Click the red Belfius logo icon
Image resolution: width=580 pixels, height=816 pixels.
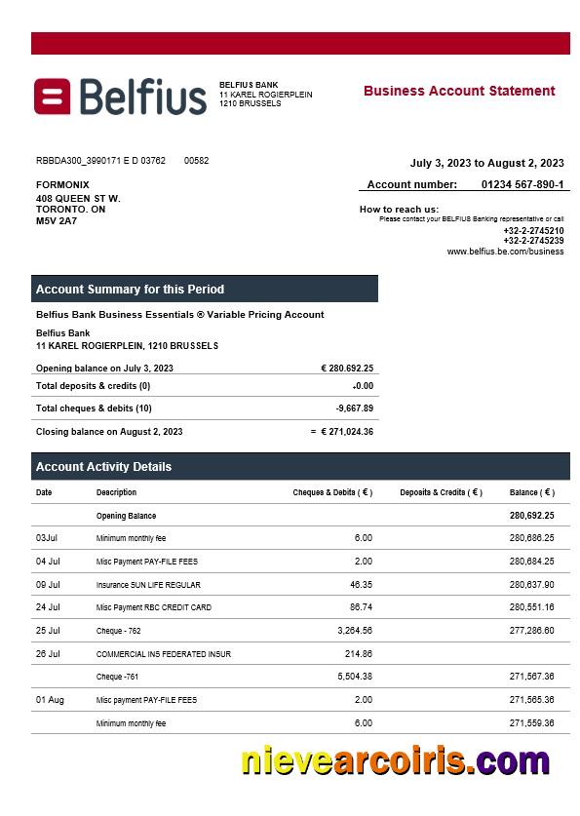(53, 97)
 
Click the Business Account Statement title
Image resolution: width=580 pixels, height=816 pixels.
(459, 91)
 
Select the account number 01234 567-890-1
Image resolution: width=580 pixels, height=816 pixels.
(522, 184)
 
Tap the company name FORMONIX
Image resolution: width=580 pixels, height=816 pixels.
(62, 184)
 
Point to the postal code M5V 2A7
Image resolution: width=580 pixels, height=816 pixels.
(57, 220)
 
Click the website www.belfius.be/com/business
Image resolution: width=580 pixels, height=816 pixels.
(505, 251)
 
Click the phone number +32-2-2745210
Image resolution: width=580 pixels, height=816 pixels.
(533, 231)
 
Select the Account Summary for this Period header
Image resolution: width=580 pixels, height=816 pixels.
(130, 290)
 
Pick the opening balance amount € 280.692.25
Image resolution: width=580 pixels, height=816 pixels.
(347, 369)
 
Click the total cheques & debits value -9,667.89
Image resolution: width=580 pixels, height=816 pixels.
(355, 408)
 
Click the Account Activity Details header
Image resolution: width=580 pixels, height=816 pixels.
(103, 467)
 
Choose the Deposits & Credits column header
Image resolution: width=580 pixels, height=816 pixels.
(441, 492)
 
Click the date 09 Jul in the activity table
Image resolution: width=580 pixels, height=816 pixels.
(48, 585)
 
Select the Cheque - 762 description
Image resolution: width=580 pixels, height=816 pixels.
(118, 631)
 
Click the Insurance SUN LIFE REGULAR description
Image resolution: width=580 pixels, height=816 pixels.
(148, 585)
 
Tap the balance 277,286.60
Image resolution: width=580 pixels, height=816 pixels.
(531, 631)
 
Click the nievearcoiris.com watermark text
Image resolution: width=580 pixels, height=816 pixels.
(395, 761)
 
